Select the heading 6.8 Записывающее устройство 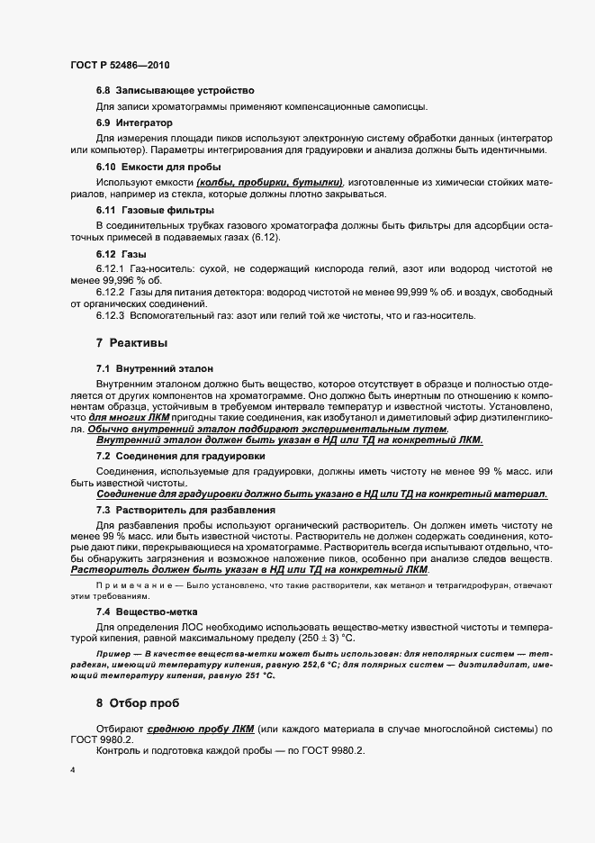[175, 91]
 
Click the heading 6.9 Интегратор [134, 122]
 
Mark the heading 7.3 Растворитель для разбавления [179, 510]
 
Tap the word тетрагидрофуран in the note [491, 585]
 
